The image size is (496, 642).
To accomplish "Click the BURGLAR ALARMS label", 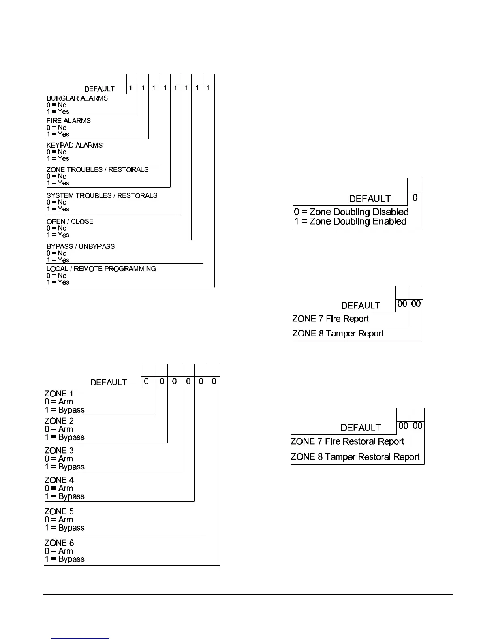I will pos(77,98).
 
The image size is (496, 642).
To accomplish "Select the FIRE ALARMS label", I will pos(68,121).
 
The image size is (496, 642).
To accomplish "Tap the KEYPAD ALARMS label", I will pos(75,145).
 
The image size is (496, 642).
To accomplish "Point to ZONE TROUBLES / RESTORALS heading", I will pos(97,169).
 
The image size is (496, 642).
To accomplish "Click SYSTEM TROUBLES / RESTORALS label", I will pos(102,195).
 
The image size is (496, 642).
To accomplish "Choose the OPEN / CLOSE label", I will pos(70,221).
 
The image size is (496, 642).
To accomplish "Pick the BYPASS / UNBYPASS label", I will pos(81,246).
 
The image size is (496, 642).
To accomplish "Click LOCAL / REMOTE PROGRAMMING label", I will pos(101,269).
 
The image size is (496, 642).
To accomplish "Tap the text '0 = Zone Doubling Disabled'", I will pos(351,212).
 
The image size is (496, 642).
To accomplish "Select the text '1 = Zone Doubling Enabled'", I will pos(350,221).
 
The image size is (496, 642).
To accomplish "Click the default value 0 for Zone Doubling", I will pos(415,198).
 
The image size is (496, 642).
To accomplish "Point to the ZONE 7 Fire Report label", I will pos(330,319).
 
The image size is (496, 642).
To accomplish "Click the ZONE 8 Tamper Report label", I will pos(338,334).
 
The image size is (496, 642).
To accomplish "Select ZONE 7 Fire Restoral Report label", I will pos(347,441).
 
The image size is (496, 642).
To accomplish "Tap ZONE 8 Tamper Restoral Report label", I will pos(355,457).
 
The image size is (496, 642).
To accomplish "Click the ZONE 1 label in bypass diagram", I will pos(59,394).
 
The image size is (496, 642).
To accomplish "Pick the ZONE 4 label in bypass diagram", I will pos(59,480).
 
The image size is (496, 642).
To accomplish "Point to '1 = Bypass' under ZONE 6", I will pos(64,559).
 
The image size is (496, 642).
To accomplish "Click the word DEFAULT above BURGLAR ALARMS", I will pos(99,89).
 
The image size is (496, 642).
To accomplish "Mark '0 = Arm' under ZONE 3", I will pos(59,459).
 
